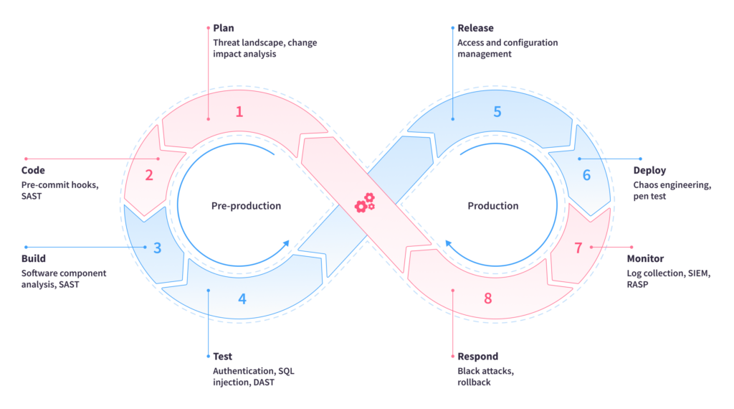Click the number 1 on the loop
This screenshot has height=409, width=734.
(x=239, y=111)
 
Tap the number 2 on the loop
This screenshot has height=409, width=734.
(x=149, y=174)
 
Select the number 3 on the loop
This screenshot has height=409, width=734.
(x=158, y=248)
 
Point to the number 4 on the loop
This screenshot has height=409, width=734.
(x=242, y=298)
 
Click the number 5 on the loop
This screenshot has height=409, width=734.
(x=497, y=111)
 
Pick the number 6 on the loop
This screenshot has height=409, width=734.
(x=586, y=174)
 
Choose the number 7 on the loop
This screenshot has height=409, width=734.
(x=578, y=248)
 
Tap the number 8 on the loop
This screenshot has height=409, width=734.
(x=488, y=298)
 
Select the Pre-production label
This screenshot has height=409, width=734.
(x=246, y=206)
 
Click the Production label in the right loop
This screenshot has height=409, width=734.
(x=493, y=206)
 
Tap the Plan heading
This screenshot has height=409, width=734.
(x=224, y=28)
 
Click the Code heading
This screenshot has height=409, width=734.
(x=33, y=171)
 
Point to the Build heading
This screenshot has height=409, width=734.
(x=34, y=258)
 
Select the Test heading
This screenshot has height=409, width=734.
(x=222, y=357)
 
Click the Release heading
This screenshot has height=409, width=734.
(x=475, y=28)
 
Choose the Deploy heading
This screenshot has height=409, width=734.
(x=649, y=171)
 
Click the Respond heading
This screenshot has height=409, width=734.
(x=477, y=357)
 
